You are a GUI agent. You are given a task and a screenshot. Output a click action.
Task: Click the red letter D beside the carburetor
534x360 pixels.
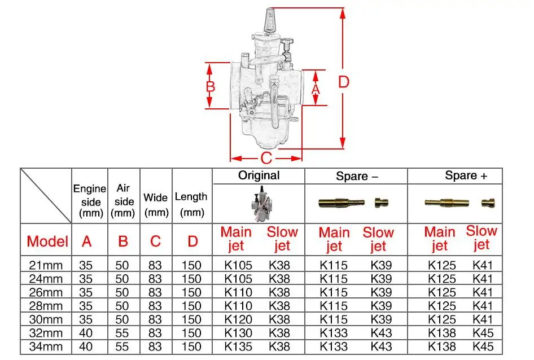point(343,82)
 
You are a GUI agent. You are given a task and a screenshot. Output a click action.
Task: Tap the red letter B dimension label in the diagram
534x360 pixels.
point(210,87)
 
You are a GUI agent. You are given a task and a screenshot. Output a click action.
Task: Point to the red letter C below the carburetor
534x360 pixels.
point(266,157)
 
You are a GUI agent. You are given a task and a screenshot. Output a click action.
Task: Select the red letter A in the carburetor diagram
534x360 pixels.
point(316,89)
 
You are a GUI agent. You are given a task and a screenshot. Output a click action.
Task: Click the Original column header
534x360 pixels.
point(259,175)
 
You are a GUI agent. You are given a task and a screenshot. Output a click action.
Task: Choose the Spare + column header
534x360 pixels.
point(466,175)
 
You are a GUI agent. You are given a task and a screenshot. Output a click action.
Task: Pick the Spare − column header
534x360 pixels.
point(356,176)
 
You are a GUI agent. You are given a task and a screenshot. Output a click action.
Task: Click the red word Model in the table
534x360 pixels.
point(47,242)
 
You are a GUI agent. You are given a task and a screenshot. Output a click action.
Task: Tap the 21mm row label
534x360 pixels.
point(46,265)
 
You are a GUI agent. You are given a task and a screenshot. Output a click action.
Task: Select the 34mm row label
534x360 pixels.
point(46,347)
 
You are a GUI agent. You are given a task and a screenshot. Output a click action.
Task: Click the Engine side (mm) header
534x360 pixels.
point(90,201)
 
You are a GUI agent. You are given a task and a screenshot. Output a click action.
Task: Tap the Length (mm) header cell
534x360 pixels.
point(191,204)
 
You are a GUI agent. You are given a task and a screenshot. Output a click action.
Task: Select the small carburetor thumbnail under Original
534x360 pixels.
point(259,203)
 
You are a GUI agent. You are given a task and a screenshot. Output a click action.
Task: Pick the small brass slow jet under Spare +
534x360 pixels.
point(487,203)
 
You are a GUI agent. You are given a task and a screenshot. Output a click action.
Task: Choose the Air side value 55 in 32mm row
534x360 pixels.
point(122,333)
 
